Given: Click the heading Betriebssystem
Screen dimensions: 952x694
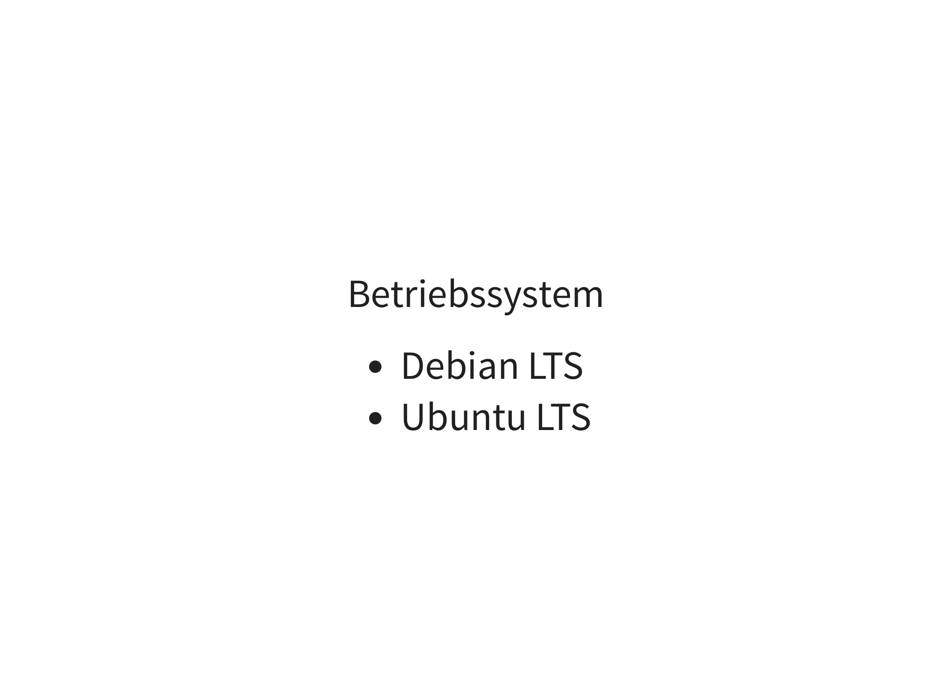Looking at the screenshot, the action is [476, 296].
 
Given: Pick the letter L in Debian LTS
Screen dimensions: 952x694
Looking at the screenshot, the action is [537, 366].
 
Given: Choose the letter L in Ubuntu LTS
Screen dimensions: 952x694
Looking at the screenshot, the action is [545, 417].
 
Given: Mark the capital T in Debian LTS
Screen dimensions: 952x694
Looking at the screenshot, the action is [553, 366].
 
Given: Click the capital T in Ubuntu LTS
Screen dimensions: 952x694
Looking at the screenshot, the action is [561, 417].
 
